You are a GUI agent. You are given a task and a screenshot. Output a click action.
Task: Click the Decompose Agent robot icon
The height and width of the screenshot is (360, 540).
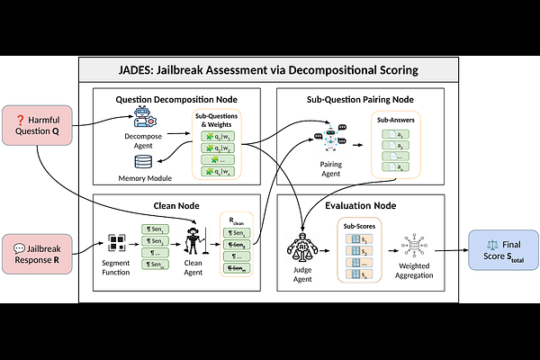click(x=145, y=116)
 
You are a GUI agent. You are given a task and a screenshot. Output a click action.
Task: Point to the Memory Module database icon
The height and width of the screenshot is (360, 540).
click(x=145, y=162)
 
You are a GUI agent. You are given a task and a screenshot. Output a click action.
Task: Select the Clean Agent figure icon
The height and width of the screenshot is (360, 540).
click(x=193, y=242)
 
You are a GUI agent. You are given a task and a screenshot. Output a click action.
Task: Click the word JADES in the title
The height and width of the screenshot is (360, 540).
click(x=149, y=70)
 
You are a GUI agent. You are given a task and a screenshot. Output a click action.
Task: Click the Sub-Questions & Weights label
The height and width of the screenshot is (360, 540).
click(x=218, y=119)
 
